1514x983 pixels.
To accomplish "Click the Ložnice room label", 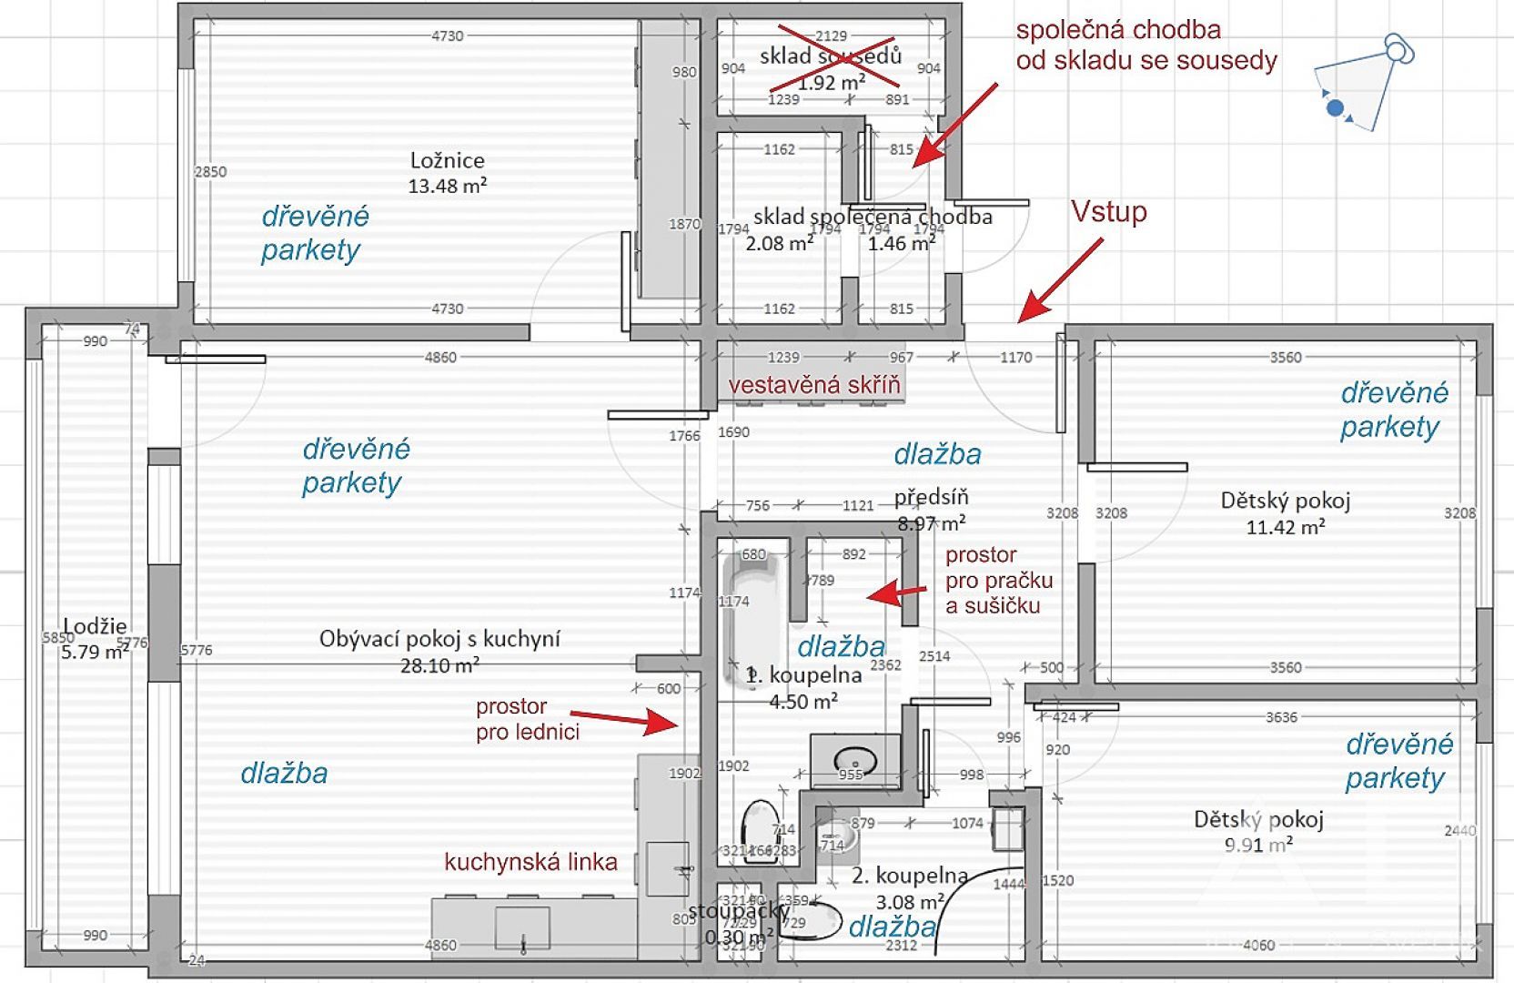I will [x=447, y=161].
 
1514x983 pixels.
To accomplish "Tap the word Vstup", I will [x=1108, y=212].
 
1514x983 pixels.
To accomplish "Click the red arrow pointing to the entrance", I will [x=1059, y=279].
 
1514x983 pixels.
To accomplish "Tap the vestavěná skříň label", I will [x=813, y=385].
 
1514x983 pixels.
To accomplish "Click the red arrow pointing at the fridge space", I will [x=624, y=719].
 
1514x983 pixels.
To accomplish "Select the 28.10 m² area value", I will [x=439, y=665].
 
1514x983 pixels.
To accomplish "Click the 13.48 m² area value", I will [x=447, y=187].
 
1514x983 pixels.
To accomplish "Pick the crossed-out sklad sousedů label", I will [x=831, y=56].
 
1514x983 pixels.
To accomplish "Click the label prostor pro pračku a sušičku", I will [x=998, y=581].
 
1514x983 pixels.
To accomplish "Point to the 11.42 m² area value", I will [x=1285, y=527].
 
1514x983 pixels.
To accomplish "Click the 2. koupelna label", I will [x=909, y=876].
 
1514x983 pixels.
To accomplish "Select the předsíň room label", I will [x=931, y=497].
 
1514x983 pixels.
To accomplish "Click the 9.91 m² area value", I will [x=1258, y=846].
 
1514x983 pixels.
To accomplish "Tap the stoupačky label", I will [x=739, y=911].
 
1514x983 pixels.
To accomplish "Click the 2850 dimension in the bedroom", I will [x=210, y=172].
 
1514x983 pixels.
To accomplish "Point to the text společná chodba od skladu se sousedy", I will [x=1146, y=46].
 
